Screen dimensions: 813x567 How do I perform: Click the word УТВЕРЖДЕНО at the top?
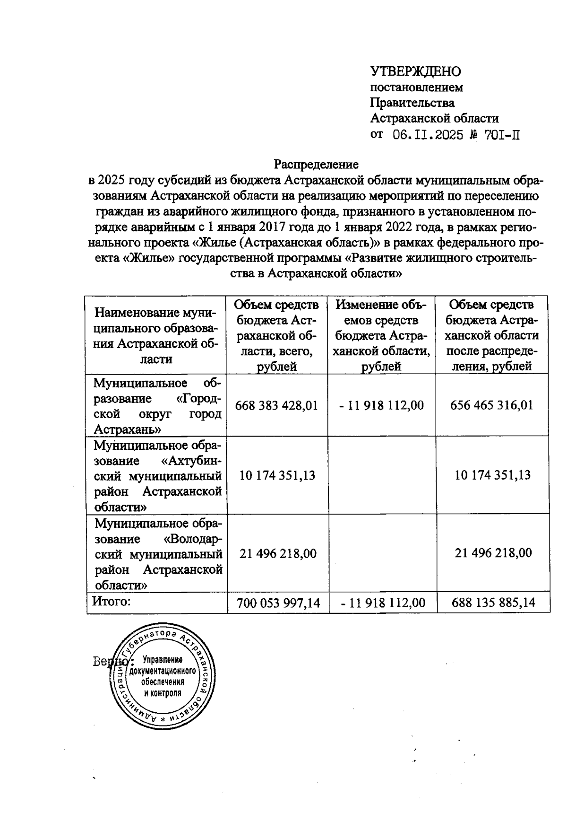(x=415, y=71)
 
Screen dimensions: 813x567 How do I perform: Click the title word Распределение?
(x=316, y=164)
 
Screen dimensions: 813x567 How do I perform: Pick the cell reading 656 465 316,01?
(x=491, y=405)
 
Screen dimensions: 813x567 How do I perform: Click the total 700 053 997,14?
(x=278, y=603)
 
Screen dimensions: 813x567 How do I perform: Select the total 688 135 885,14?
(x=493, y=603)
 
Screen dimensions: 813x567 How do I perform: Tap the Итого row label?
(x=111, y=602)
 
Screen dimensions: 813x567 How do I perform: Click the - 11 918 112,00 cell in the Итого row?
(x=382, y=603)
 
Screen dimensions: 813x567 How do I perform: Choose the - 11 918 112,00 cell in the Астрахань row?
(x=381, y=405)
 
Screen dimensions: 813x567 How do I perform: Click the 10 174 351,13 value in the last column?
(x=492, y=475)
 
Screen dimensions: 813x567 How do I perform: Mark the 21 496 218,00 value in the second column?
(x=278, y=553)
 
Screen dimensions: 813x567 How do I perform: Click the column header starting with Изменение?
(x=382, y=335)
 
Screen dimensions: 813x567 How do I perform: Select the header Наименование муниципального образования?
(x=156, y=335)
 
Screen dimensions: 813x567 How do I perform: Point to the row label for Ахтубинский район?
(x=157, y=476)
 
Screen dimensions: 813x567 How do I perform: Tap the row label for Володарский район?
(x=157, y=554)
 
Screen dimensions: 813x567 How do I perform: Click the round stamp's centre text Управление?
(x=163, y=660)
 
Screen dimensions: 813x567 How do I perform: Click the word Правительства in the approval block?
(x=412, y=103)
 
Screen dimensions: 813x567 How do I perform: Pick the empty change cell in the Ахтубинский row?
(x=382, y=476)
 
